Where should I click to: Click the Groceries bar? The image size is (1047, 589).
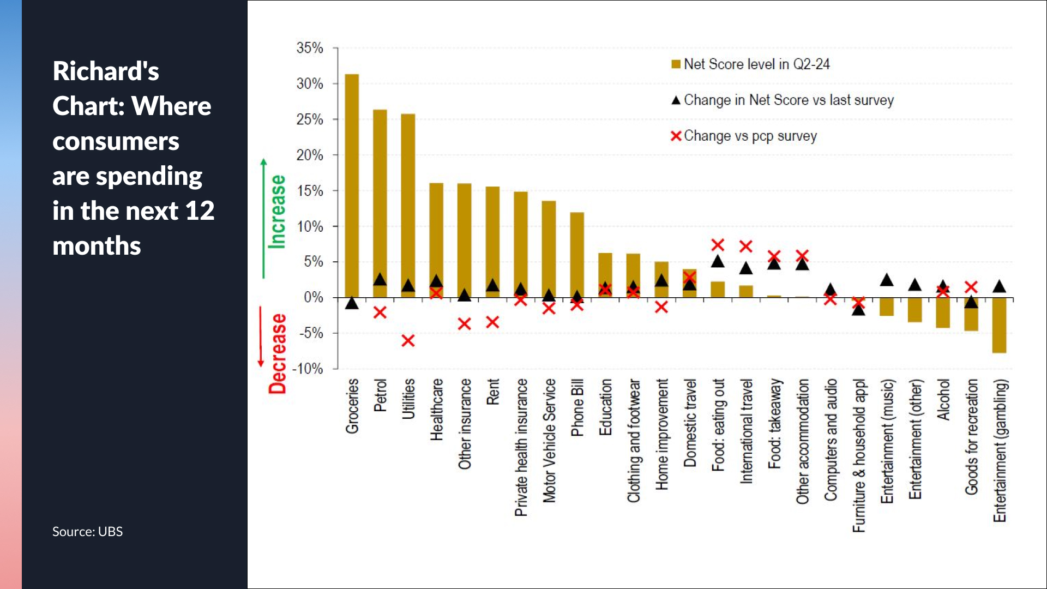[352, 185]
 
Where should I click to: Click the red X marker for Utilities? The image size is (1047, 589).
[408, 341]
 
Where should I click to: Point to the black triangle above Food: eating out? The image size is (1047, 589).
[718, 262]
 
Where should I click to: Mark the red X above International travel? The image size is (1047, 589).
[746, 247]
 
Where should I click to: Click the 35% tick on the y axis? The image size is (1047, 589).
[310, 48]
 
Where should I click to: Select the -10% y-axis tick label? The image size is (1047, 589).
[308, 369]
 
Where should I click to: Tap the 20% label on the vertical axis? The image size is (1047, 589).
[310, 155]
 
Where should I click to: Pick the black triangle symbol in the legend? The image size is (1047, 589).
[676, 100]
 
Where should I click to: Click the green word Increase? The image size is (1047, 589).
[278, 212]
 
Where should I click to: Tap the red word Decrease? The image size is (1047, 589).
[278, 353]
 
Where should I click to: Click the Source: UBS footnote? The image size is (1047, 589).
[87, 531]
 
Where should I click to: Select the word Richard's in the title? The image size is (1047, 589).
[106, 71]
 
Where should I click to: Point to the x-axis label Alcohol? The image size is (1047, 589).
[943, 400]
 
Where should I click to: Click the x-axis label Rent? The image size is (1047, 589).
[492, 392]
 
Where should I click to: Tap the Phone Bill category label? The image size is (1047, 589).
[577, 408]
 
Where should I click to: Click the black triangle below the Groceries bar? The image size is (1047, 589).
[352, 303]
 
